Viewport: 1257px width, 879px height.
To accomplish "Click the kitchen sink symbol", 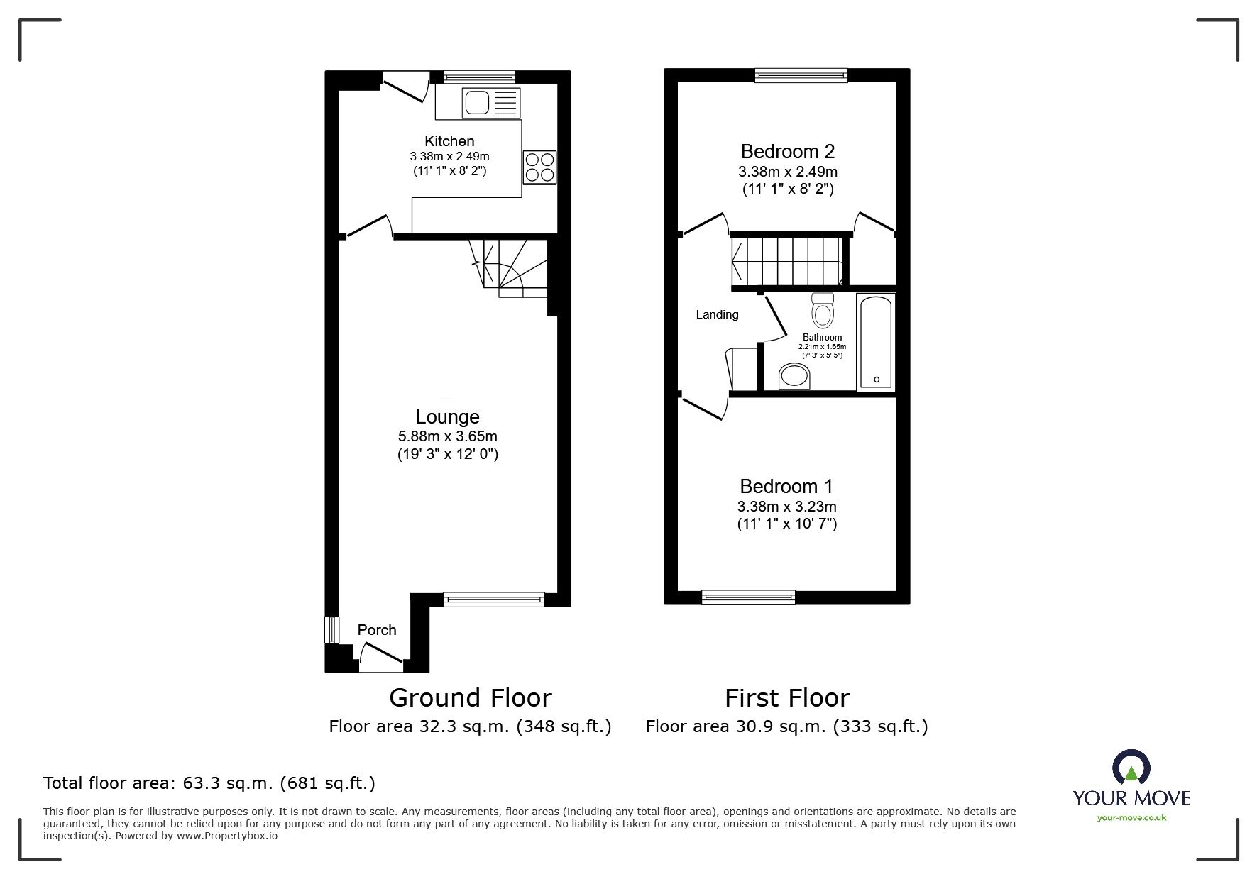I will tap(490, 103).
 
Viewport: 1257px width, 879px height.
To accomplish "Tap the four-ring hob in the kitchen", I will tap(539, 167).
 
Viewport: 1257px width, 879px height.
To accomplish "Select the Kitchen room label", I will tap(449, 141).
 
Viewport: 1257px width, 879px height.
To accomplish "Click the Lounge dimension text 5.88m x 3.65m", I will tap(448, 436).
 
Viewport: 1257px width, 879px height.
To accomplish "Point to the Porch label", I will tap(377, 630).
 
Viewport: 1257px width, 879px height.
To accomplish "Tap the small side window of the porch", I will tap(330, 629).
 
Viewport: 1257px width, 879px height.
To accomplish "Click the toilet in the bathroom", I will tap(823, 311).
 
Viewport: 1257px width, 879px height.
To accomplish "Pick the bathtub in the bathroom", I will tap(876, 342).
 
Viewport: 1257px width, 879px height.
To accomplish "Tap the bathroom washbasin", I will tap(794, 377).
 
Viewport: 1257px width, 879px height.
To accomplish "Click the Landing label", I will tap(717, 314).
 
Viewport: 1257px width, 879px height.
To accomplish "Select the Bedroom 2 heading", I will tap(788, 151).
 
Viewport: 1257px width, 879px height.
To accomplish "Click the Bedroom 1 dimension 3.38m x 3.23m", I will tap(786, 507).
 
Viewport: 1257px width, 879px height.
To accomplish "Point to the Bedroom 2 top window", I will tap(801, 74).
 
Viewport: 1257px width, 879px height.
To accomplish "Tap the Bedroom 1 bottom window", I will tap(748, 597).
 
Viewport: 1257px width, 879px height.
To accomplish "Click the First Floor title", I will tap(786, 698).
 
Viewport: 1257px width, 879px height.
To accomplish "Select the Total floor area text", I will tap(209, 783).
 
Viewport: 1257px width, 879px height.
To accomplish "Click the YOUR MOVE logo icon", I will tap(1131, 768).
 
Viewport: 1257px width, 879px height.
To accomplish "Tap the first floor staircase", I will tap(788, 260).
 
